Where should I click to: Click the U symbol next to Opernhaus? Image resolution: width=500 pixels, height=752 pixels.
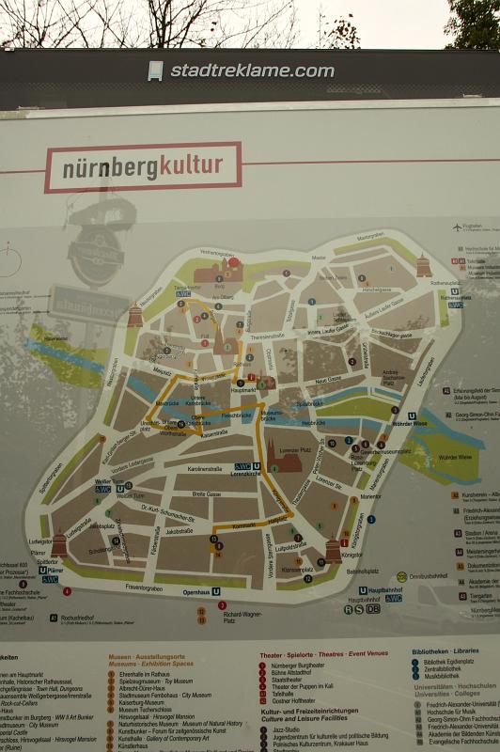[x=216, y=592]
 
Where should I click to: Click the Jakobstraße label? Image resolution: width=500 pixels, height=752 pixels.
[x=180, y=531]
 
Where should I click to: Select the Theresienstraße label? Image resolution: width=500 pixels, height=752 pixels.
[x=267, y=336]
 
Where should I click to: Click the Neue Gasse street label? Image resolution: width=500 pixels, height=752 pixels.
[x=328, y=379]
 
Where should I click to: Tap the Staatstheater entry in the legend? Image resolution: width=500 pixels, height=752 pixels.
[x=289, y=680]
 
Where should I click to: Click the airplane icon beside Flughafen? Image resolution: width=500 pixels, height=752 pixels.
[x=457, y=227]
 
